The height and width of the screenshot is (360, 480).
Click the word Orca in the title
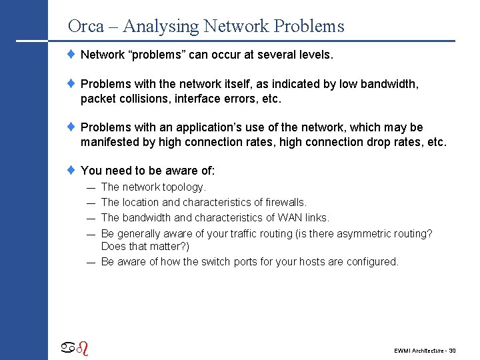tap(86, 27)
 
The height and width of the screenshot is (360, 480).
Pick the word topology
tap(184, 188)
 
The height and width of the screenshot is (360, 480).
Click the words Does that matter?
tap(145, 247)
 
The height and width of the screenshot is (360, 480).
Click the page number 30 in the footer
tap(452, 350)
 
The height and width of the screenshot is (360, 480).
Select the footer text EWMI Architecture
tap(417, 350)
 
